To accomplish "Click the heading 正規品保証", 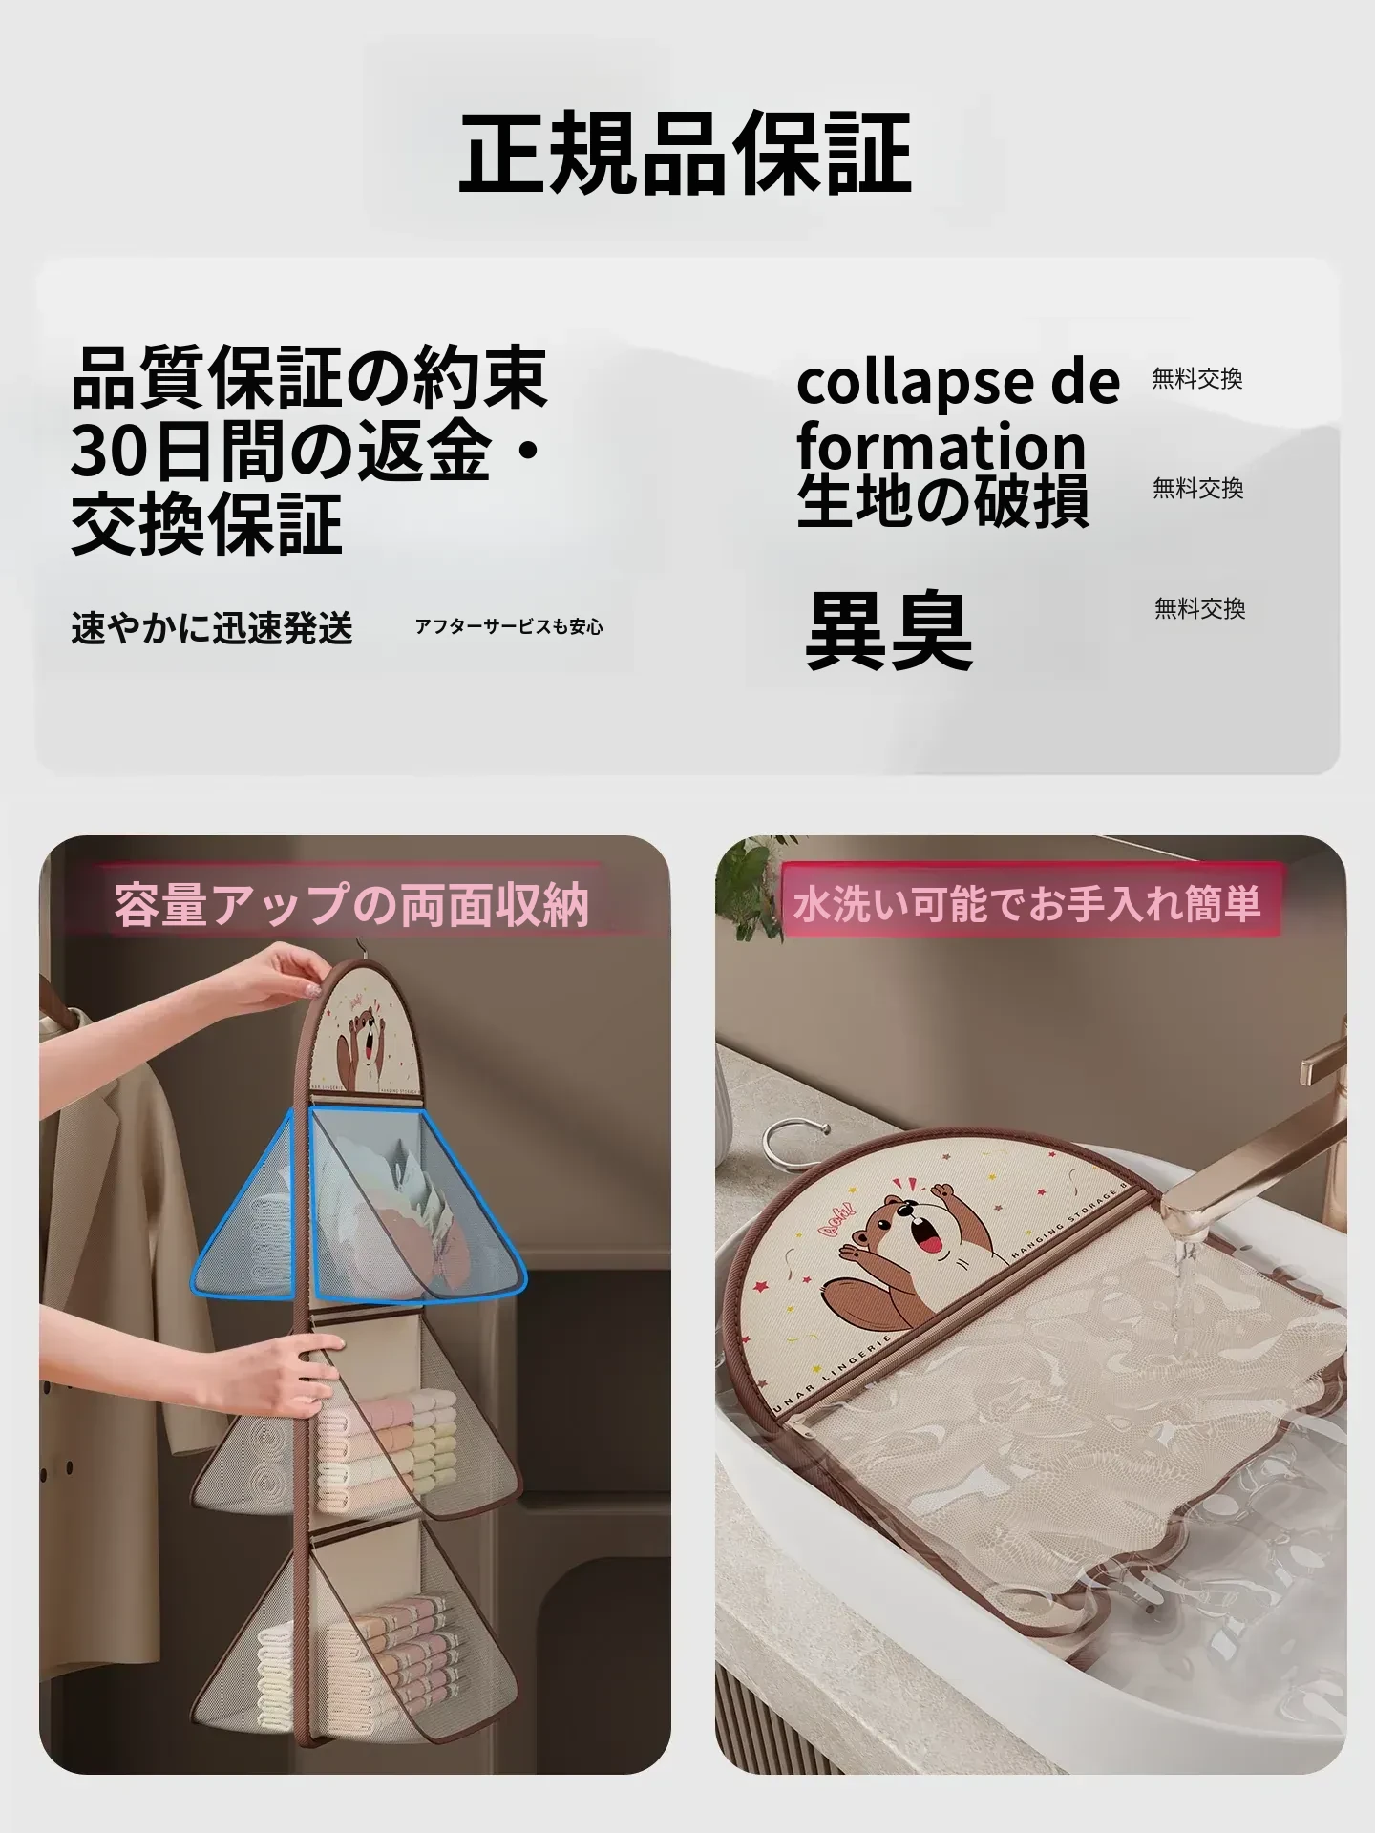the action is (x=686, y=153).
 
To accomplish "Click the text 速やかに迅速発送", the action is (x=212, y=627).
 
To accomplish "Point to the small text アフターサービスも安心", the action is (x=509, y=627).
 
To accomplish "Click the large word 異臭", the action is (x=889, y=629).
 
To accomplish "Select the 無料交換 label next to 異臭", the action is (x=1199, y=608).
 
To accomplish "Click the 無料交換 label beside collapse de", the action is (x=1197, y=379).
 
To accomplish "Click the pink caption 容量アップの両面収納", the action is (x=351, y=904).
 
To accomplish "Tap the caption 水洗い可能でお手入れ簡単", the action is (x=1026, y=903).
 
